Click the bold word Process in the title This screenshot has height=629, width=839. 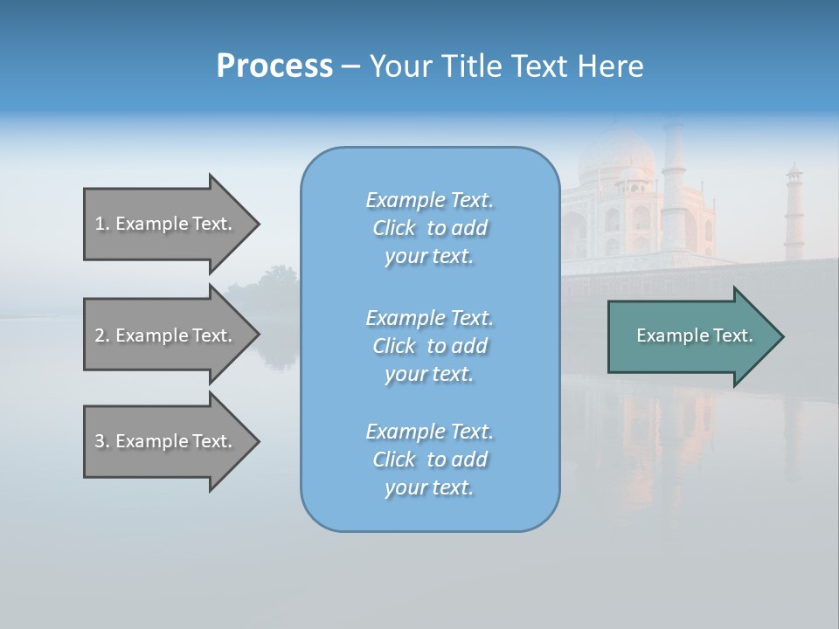pos(274,66)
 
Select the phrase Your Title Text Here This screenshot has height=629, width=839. pos(506,66)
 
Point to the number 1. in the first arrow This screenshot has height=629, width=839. pos(101,224)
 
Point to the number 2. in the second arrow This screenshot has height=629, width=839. pos(101,335)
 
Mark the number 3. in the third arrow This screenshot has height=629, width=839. pos(101,441)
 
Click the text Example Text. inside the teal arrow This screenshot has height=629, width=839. pos(694,335)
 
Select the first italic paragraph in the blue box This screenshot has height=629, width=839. pos(429,228)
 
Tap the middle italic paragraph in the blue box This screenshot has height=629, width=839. pos(429,346)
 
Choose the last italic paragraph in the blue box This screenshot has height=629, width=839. pos(429,460)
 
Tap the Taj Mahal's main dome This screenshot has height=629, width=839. pos(615,157)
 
